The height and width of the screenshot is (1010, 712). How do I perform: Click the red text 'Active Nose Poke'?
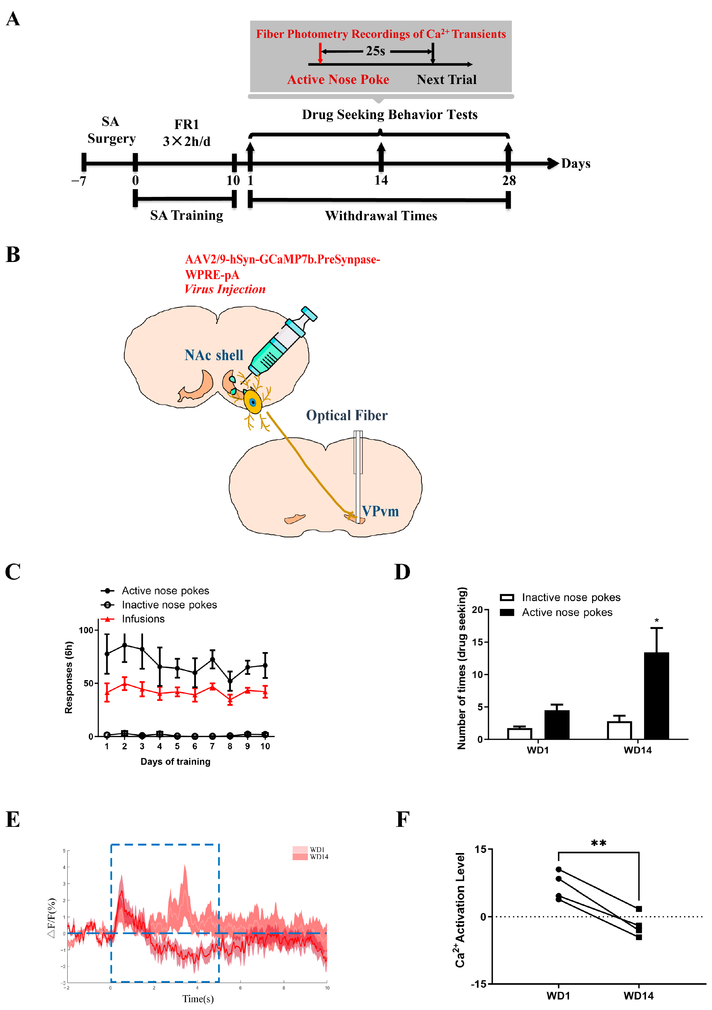pyautogui.click(x=338, y=80)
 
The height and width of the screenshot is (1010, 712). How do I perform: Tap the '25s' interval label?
pyautogui.click(x=375, y=51)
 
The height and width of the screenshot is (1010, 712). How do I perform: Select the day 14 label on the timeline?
pyautogui.click(x=381, y=180)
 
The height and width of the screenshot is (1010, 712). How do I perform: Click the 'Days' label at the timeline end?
pyautogui.click(x=576, y=164)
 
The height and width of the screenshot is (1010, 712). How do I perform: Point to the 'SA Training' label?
pyautogui.click(x=186, y=216)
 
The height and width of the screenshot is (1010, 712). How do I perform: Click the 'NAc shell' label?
pyautogui.click(x=214, y=355)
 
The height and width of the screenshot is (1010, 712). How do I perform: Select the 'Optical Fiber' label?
pyautogui.click(x=347, y=415)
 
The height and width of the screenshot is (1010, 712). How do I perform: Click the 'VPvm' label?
pyautogui.click(x=380, y=511)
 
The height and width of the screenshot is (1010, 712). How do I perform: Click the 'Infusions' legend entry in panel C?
pyautogui.click(x=143, y=619)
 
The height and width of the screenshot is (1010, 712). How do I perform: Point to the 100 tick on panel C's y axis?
pyautogui.click(x=86, y=630)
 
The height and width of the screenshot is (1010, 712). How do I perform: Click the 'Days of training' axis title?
pyautogui.click(x=175, y=761)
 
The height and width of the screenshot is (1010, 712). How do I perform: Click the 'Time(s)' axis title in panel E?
pyautogui.click(x=198, y=998)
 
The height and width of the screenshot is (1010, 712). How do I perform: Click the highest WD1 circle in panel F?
pyautogui.click(x=559, y=869)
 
